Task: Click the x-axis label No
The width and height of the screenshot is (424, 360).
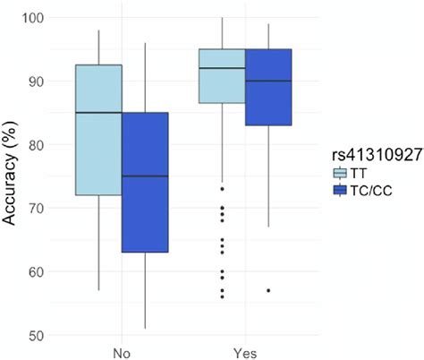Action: click(122, 352)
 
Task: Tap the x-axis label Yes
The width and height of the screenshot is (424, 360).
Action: click(245, 352)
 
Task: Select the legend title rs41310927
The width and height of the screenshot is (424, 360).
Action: click(371, 155)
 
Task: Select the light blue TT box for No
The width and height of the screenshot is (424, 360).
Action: click(98, 130)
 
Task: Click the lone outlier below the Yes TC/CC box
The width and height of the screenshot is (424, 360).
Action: click(268, 290)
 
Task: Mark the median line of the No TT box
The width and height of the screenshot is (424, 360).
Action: click(98, 113)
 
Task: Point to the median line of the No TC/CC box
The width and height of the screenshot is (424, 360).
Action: click(145, 176)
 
